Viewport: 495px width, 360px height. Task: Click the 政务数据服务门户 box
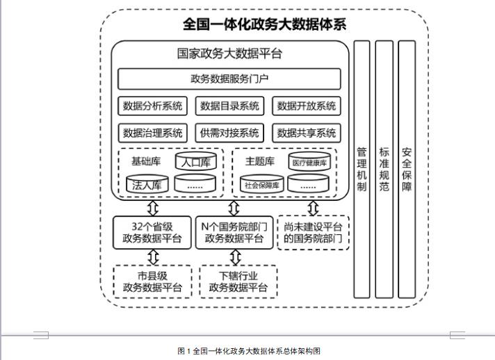pyautogui.click(x=229, y=79)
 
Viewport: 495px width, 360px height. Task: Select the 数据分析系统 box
pyautogui.click(x=152, y=106)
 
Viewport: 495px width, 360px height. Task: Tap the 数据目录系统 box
pyautogui.click(x=229, y=106)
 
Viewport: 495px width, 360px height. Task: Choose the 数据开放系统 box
pyautogui.click(x=307, y=106)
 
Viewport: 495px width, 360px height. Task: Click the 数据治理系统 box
pyautogui.click(x=152, y=133)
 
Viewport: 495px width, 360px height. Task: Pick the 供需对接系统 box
pyautogui.click(x=229, y=133)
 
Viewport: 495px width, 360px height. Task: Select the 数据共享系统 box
pyautogui.click(x=307, y=133)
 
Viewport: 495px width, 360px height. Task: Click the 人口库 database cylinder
pyautogui.click(x=196, y=161)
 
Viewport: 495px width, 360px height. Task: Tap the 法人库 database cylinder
pyautogui.click(x=147, y=184)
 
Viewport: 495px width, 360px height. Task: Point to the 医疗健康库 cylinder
pyautogui.click(x=309, y=161)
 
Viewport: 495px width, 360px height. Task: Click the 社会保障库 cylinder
pyautogui.click(x=261, y=184)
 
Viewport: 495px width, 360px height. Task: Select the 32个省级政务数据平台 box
pyautogui.click(x=152, y=233)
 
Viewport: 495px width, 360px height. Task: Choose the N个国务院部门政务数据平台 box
pyautogui.click(x=234, y=233)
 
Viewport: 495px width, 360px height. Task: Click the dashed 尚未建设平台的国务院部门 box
pyautogui.click(x=313, y=233)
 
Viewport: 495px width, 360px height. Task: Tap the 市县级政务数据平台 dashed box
pyautogui.click(x=152, y=281)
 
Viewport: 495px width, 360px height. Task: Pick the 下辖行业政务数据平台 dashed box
pyautogui.click(x=238, y=281)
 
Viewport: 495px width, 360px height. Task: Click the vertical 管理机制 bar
pyautogui.click(x=362, y=169)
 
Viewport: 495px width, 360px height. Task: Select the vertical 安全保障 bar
pyautogui.click(x=407, y=169)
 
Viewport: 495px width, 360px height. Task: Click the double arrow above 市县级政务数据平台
pyautogui.click(x=153, y=257)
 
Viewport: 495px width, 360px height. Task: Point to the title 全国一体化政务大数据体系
pyautogui.click(x=265, y=24)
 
